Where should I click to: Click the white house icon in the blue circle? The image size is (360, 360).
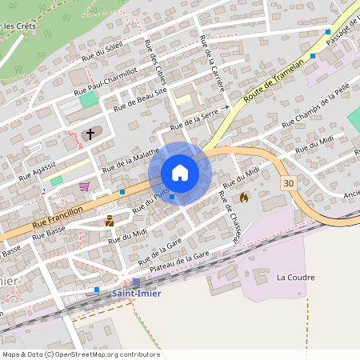tap(180, 173)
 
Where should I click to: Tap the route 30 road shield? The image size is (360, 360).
tap(289, 184)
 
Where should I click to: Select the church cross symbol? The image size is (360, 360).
tap(90, 134)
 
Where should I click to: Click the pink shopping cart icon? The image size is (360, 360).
tap(84, 186)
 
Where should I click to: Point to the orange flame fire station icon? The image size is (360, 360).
tap(243, 196)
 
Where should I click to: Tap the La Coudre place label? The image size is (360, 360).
tap(295, 278)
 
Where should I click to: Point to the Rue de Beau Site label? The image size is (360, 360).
tap(141, 101)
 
